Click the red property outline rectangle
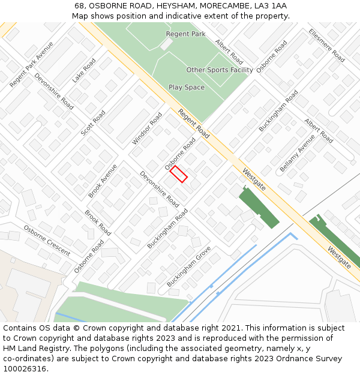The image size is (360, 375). pyautogui.click(x=179, y=174)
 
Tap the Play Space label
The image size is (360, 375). pyautogui.click(x=186, y=88)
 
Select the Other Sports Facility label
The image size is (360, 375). pyautogui.click(x=220, y=70)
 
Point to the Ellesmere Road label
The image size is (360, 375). pyautogui.click(x=326, y=46)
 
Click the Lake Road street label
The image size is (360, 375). pyautogui.click(x=84, y=71)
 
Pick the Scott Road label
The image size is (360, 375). pyautogui.click(x=93, y=122)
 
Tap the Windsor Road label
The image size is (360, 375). pyautogui.click(x=147, y=128)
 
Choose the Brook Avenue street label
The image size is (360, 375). pyautogui.click(x=103, y=181)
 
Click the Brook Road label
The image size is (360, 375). pyautogui.click(x=98, y=223)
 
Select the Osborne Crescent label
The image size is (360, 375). pyautogui.click(x=47, y=241)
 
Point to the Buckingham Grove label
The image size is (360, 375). pyautogui.click(x=188, y=266)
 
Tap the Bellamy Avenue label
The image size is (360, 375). pyautogui.click(x=297, y=152)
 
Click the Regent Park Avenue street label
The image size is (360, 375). pyautogui.click(x=31, y=65)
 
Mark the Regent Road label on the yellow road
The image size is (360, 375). pyautogui.click(x=193, y=124)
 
